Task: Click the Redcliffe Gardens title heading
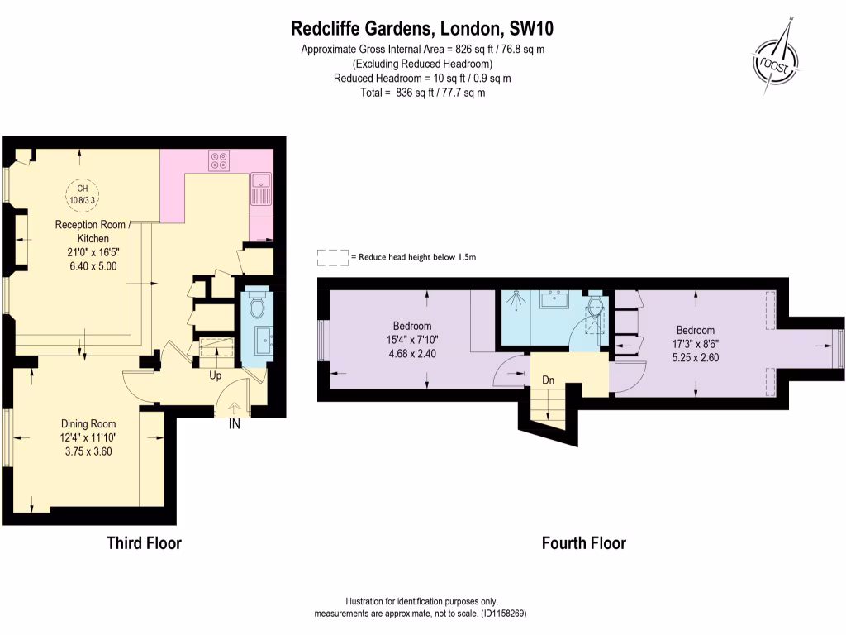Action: point(422,28)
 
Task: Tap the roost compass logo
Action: point(775,60)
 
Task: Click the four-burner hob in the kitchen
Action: point(219,160)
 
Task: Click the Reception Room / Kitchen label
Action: point(91,232)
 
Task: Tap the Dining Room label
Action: point(88,424)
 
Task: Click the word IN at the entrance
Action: point(234,424)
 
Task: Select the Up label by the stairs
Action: point(216,375)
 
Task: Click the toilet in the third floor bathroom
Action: point(257,306)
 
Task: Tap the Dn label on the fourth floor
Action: point(549,380)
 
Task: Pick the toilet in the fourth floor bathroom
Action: point(596,306)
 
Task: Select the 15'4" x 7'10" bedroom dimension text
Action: point(412,340)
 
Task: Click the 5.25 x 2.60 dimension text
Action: point(696,357)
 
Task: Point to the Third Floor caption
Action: point(144,542)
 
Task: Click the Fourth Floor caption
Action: point(584,542)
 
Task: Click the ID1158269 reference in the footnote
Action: point(505,614)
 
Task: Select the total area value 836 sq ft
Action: point(415,93)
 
